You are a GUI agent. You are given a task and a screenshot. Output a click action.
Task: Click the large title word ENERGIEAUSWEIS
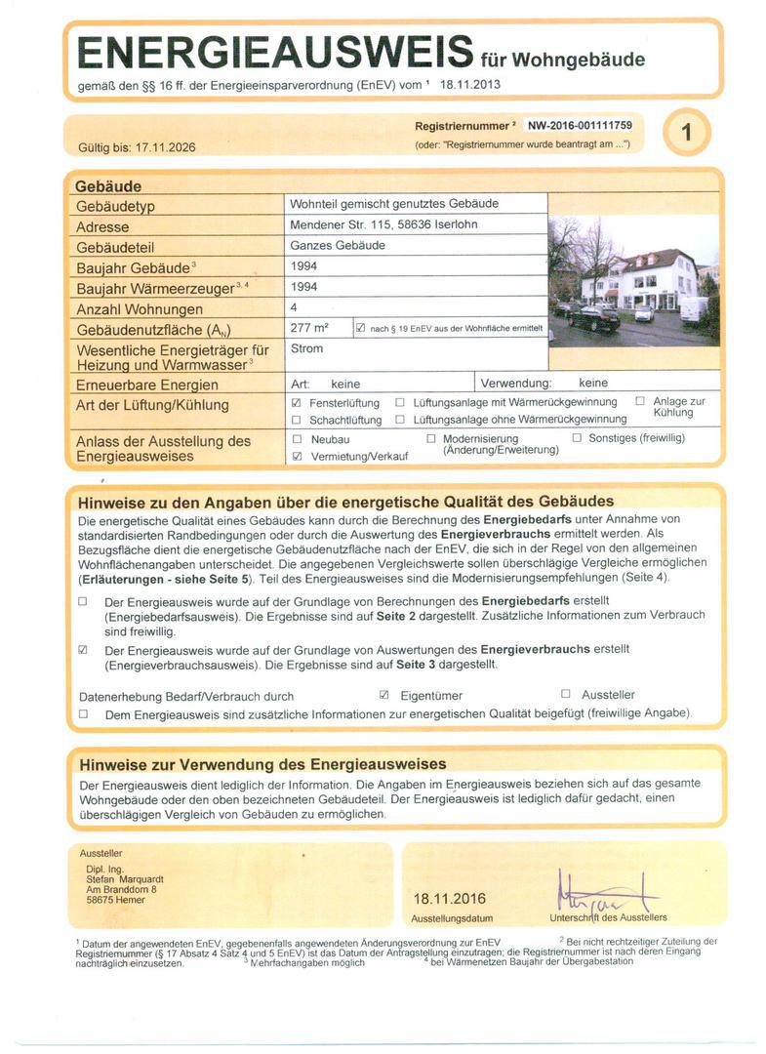[x=274, y=52]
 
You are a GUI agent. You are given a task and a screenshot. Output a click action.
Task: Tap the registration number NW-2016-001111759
[x=580, y=126]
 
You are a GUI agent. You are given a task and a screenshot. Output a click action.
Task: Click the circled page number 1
[x=687, y=132]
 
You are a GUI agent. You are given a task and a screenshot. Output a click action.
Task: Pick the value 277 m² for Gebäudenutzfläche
[x=309, y=328]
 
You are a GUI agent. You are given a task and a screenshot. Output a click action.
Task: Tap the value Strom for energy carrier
[x=306, y=348]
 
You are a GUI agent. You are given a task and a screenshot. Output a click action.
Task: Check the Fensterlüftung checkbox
[x=297, y=402]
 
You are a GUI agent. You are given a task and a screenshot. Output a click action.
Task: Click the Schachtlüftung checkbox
[x=297, y=420]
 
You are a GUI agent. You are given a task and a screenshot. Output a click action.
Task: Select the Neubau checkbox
[x=297, y=439]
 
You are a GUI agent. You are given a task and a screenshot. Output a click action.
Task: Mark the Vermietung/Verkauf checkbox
[x=297, y=456]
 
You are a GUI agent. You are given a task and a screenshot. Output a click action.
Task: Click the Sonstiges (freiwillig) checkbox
[x=577, y=438]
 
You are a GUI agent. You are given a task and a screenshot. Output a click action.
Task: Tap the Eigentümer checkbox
[x=383, y=695]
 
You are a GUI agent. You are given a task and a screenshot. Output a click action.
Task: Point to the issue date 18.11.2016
[x=449, y=899]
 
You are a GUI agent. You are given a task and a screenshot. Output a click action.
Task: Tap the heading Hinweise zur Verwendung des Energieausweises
[x=262, y=764]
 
